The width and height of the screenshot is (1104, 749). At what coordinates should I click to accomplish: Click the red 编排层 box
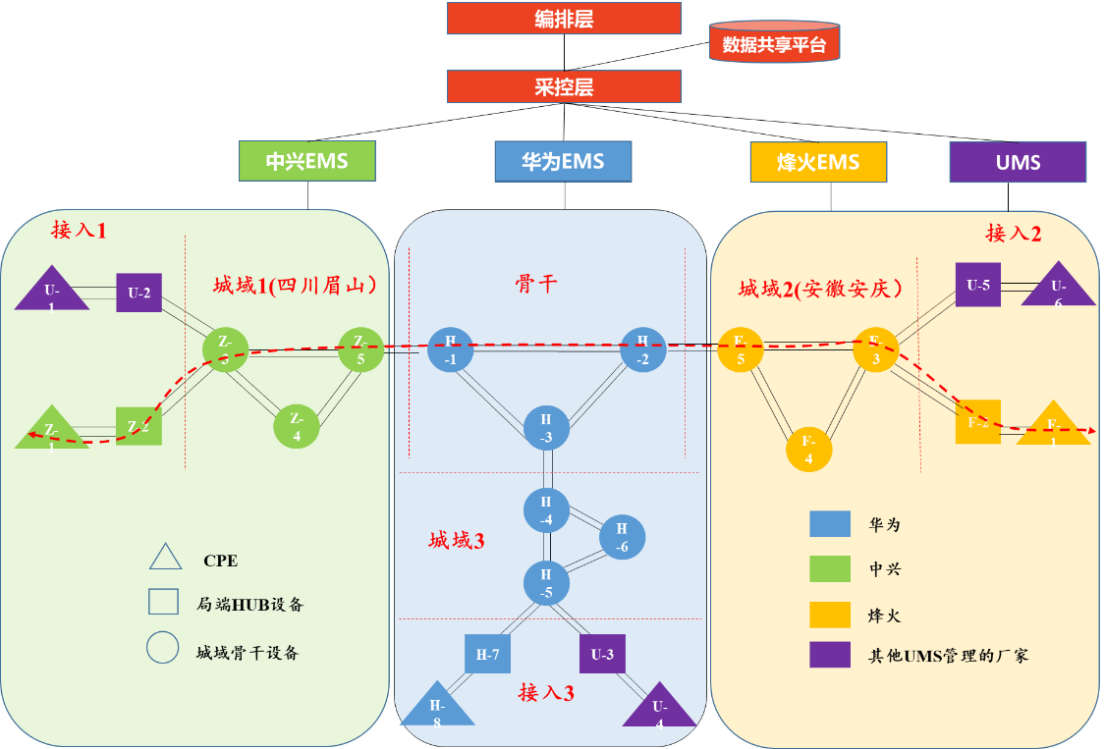564,19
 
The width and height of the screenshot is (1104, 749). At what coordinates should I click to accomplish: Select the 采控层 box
564,86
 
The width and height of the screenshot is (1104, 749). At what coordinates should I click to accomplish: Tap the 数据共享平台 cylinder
774,44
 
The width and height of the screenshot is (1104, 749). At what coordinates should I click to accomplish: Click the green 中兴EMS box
307,161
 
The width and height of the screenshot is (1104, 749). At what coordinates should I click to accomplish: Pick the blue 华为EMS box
563,161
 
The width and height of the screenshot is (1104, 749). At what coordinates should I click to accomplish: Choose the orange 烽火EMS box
818,162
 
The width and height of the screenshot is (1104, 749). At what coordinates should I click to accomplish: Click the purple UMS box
1018,162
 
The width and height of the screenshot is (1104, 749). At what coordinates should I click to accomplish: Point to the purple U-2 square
138,293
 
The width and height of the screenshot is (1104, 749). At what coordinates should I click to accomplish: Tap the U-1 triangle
52,292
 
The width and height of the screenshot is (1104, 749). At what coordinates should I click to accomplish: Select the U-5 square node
978,285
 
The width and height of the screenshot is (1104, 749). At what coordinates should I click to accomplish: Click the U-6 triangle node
1058,287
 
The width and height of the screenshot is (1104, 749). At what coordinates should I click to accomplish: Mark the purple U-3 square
602,654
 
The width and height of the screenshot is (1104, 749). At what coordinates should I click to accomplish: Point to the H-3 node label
546,428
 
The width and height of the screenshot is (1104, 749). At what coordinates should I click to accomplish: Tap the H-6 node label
622,538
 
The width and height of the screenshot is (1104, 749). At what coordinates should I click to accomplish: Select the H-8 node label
437,715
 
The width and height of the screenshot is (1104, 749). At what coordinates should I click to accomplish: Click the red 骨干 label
536,285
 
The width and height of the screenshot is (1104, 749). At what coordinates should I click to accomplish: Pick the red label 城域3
457,540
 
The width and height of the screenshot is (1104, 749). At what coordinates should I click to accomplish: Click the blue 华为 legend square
830,524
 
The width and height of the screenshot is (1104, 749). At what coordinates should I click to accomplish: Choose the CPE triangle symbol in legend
165,558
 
